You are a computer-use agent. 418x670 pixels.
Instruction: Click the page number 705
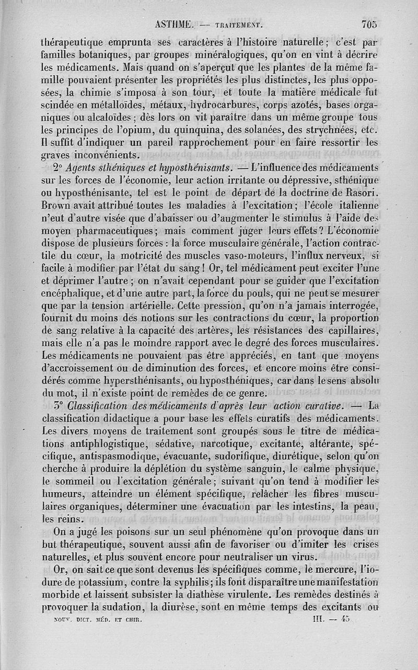368,24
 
